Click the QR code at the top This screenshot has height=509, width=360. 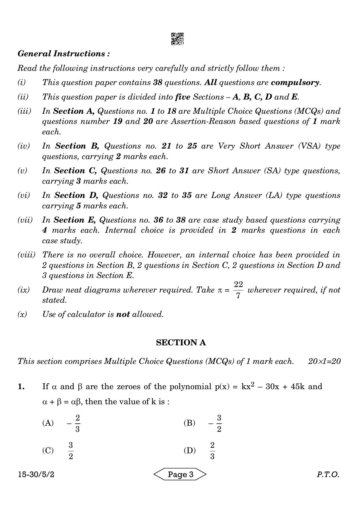pos(177,39)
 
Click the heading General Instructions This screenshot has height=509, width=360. pos(64,54)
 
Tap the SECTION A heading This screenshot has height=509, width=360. pos(181,343)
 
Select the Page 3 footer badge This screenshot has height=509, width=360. pos(180,474)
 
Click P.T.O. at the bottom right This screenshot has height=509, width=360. pos(328,474)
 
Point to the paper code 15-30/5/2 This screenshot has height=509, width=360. pos(36,474)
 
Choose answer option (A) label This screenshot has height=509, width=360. pos(48,423)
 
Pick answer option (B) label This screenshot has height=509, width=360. pos(189,423)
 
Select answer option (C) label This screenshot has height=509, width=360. pos(48,450)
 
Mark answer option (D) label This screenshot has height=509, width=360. pos(190,450)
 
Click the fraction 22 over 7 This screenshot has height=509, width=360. pos(238,290)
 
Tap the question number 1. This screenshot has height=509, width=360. pos(21,387)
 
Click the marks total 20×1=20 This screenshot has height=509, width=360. pos(324,361)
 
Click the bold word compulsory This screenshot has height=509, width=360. pos(295,82)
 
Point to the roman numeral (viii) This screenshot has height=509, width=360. pos(26,255)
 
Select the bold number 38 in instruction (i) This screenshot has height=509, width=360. pos(158,82)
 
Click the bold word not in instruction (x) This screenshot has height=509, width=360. pos(123,314)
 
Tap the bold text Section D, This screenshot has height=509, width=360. pos(76,195)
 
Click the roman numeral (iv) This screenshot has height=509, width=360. pos(23,146)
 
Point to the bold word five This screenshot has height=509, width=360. pos(183,97)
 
